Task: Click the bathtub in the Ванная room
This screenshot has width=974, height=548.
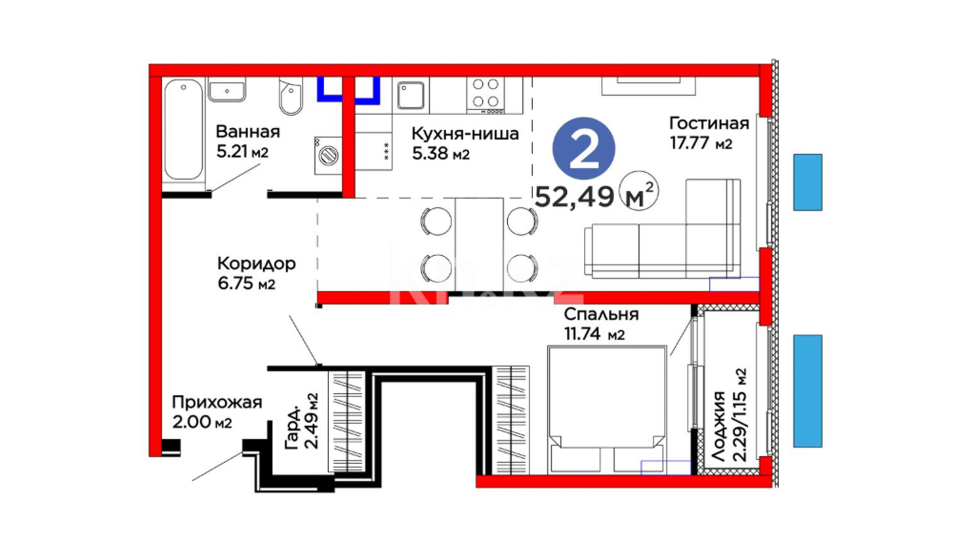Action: tap(184, 129)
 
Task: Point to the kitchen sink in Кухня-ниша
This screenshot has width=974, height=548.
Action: tap(410, 95)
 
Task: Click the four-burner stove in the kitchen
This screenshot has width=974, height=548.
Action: tap(485, 95)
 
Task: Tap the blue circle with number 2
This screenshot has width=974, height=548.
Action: tap(583, 148)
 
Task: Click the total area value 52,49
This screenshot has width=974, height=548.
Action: tap(574, 196)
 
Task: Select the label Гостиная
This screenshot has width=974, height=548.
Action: tap(709, 123)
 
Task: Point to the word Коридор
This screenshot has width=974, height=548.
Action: tap(256, 264)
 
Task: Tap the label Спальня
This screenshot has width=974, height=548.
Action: tap(601, 315)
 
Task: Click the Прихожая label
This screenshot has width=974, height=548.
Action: tap(217, 402)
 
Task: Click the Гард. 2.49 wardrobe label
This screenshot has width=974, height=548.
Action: tap(302, 421)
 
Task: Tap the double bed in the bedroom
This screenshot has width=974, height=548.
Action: tap(607, 410)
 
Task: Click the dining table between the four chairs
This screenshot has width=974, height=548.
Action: tap(479, 245)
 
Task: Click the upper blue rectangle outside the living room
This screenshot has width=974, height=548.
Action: tap(808, 182)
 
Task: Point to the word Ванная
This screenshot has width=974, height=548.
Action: tap(248, 132)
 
